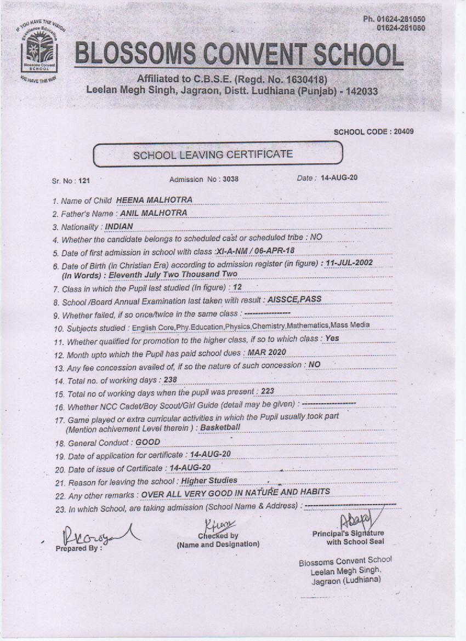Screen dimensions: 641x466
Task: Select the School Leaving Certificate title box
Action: tap(218, 154)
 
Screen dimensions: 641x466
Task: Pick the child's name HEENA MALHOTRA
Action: tap(154, 200)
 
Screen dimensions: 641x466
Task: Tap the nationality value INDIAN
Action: tap(118, 226)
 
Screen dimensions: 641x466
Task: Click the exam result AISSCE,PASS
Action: tap(294, 300)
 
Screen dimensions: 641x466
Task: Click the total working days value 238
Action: tap(170, 379)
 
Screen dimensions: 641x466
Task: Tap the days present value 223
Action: tap(267, 391)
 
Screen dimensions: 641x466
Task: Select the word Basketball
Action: tap(220, 427)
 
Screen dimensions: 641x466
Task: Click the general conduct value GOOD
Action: tap(147, 442)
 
